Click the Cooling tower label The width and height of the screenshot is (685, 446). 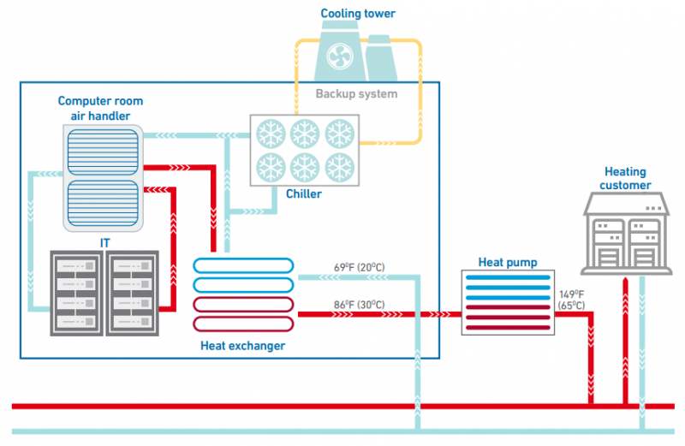[x=358, y=13]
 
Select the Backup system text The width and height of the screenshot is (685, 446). [x=356, y=93]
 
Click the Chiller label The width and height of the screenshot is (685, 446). [x=304, y=193]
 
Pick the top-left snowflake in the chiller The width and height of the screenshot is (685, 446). [x=272, y=134]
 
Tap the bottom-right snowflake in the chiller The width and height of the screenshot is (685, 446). [x=340, y=165]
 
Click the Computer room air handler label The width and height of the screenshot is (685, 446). [x=101, y=108]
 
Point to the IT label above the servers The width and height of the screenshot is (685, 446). [x=104, y=243]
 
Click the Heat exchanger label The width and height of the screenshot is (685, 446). [x=242, y=346]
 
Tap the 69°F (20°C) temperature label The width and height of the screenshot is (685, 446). [x=359, y=268]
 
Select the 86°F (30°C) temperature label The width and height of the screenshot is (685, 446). [x=359, y=305]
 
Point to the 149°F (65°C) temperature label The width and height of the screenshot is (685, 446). [x=571, y=299]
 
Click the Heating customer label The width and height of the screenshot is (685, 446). [x=625, y=178]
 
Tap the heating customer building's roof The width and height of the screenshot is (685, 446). [x=625, y=203]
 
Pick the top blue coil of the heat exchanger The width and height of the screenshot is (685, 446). [x=244, y=265]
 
